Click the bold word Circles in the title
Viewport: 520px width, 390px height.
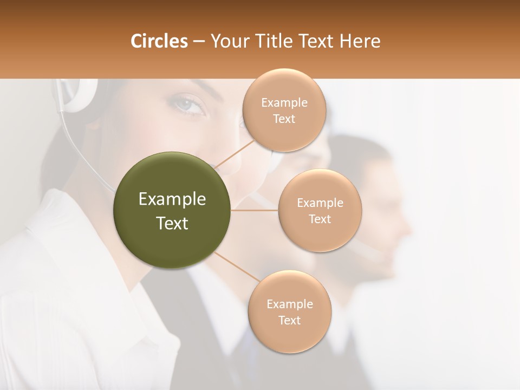click(x=159, y=41)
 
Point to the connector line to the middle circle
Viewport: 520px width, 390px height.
click(x=255, y=210)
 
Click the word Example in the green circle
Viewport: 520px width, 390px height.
click(x=172, y=199)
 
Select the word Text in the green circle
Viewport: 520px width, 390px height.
click(x=172, y=223)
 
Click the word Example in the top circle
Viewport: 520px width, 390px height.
click(x=284, y=103)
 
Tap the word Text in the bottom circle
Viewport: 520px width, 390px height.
click(x=289, y=320)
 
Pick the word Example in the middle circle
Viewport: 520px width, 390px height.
click(x=320, y=203)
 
